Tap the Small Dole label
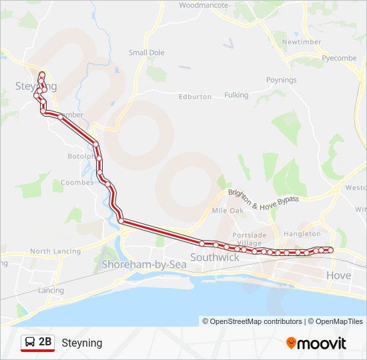(x=147, y=53)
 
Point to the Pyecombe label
(x=339, y=58)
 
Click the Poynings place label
(x=281, y=80)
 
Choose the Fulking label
(x=236, y=95)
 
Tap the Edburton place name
(x=195, y=97)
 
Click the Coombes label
(x=73, y=182)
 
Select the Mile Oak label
(x=228, y=210)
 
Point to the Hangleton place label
(x=302, y=234)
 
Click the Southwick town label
(x=215, y=257)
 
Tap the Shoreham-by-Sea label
(x=143, y=265)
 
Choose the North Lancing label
(x=55, y=251)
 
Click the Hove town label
(x=338, y=275)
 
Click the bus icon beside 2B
(x=29, y=343)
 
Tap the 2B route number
(x=45, y=343)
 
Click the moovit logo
(x=316, y=343)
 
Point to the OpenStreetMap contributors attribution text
(x=252, y=321)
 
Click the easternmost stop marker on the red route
(x=330, y=250)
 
